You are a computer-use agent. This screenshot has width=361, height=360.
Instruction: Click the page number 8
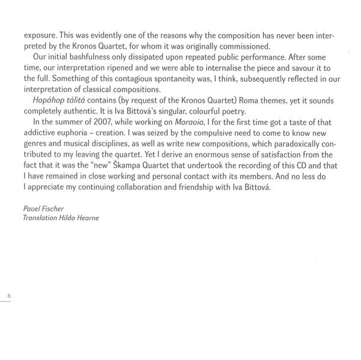point(9,296)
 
